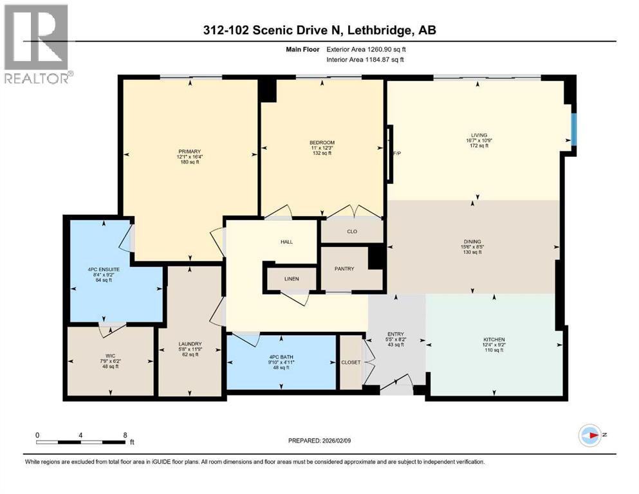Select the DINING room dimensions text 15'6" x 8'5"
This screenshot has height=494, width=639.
472,246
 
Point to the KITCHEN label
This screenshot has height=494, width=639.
494,340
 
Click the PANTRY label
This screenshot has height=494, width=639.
344,268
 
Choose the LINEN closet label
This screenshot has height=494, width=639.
292,280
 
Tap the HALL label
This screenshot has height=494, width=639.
286,242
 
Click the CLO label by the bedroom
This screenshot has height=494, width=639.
352,231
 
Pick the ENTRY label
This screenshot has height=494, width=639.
395,334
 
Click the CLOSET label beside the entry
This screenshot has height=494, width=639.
351,362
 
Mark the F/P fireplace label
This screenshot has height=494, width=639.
397,154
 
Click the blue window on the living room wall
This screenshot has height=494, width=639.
575,131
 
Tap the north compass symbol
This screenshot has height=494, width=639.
590,435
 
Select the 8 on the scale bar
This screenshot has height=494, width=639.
124,434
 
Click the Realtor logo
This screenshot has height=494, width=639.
36,44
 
